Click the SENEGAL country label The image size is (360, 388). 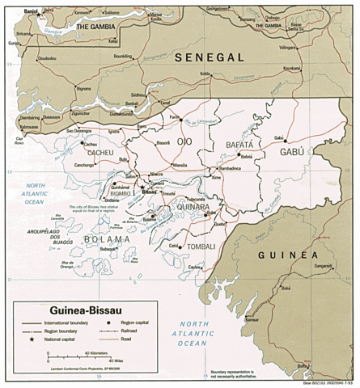coord(208,57)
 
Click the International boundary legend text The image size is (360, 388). coord(71,322)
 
